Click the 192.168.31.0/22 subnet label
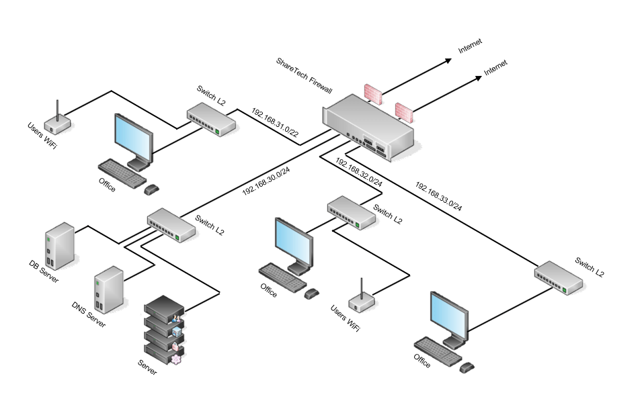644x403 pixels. point(275,123)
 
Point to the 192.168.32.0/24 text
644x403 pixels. point(359,173)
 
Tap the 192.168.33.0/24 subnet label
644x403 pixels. point(438,196)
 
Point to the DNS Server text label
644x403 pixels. point(88,314)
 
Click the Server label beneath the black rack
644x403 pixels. point(147,367)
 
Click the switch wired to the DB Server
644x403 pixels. point(171,224)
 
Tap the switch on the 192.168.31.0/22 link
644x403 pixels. point(211,119)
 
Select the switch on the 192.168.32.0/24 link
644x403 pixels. point(352,212)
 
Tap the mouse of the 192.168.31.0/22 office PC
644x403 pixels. point(152,190)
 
